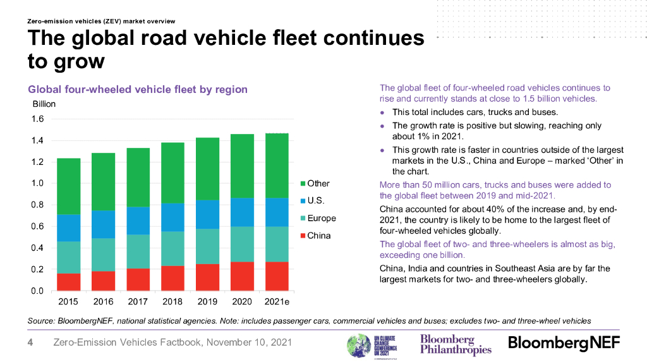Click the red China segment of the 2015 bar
point(68,282)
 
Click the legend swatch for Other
point(301,184)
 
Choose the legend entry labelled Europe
point(322,219)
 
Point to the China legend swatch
point(301,236)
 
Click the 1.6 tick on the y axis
point(37,119)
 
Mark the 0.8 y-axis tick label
point(37,205)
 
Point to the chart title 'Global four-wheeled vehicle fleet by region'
point(138,90)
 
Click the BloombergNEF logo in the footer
point(564,343)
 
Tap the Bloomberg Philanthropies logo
point(456,344)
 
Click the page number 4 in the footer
point(30,343)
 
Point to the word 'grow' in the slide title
point(66,62)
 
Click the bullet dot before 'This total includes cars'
point(382,112)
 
